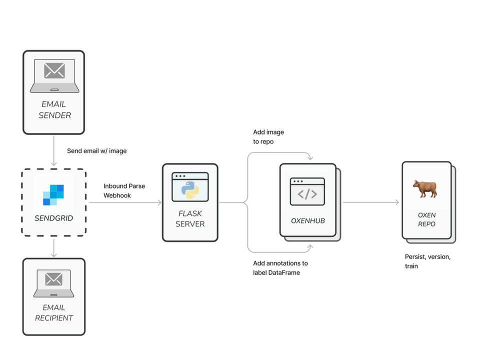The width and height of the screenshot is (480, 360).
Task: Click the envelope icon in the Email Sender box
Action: pyautogui.click(x=54, y=71)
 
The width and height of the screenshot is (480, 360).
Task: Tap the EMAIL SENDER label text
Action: pyautogui.click(x=54, y=110)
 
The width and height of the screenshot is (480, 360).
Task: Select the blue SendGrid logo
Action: pyautogui.click(x=53, y=194)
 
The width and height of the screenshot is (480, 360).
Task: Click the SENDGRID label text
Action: pyautogui.click(x=54, y=218)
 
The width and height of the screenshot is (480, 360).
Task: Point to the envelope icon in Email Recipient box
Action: pyautogui.click(x=54, y=279)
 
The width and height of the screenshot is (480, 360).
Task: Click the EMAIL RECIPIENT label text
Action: pyautogui.click(x=54, y=312)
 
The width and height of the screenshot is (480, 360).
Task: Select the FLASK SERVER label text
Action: pyautogui.click(x=190, y=218)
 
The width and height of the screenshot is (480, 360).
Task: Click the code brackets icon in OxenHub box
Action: pyautogui.click(x=307, y=194)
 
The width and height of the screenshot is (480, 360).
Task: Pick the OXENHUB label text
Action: pyautogui.click(x=307, y=220)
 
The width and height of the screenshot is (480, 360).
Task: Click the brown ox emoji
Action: pyautogui.click(x=425, y=189)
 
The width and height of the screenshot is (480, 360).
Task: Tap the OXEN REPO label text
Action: pyautogui.click(x=426, y=219)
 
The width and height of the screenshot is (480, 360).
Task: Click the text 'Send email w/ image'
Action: pyautogui.click(x=96, y=150)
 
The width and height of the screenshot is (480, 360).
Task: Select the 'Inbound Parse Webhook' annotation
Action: pyautogui.click(x=124, y=190)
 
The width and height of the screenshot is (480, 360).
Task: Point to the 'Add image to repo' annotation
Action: pyautogui.click(x=268, y=136)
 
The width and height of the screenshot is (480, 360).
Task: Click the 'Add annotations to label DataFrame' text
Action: pyautogui.click(x=280, y=267)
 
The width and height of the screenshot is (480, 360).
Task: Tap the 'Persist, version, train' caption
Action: pyautogui.click(x=427, y=261)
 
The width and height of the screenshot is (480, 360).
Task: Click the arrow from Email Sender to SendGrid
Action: pyautogui.click(x=54, y=150)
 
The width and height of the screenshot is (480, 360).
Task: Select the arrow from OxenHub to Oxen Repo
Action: pyautogui.click(x=371, y=202)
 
